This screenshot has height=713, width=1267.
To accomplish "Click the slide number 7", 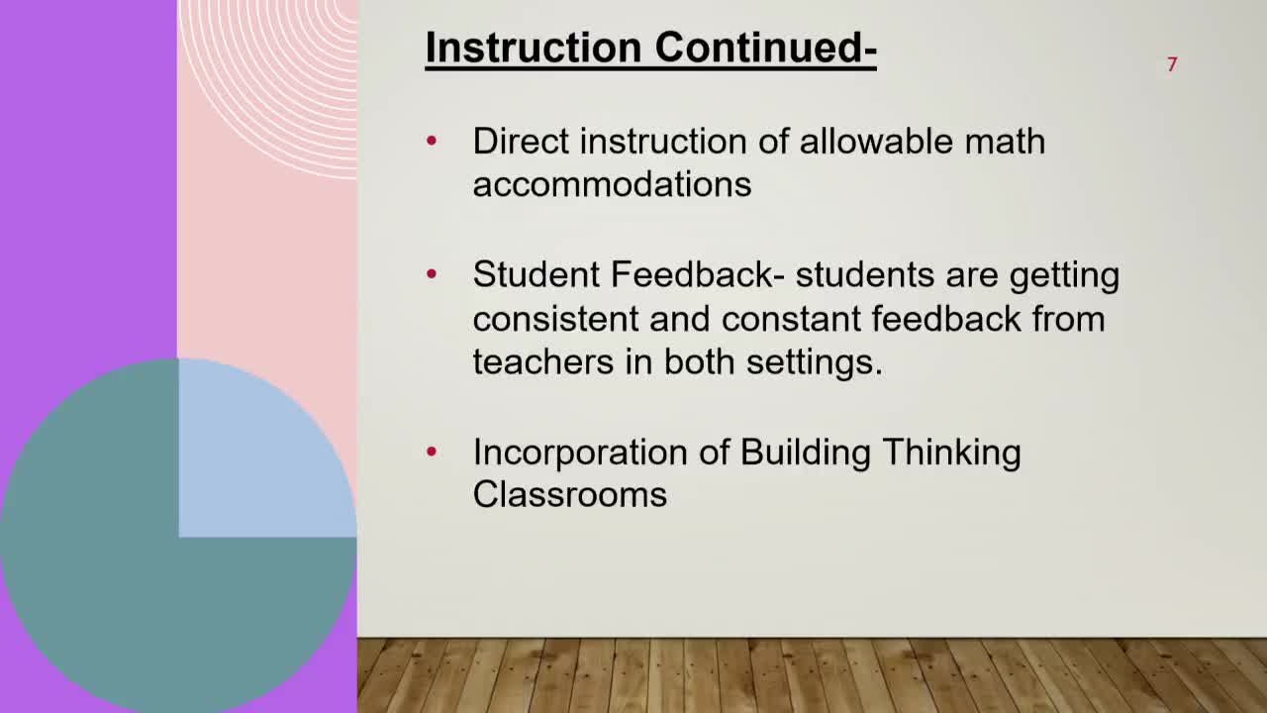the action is [x=1172, y=64].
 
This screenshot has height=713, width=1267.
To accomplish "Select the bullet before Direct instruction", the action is [x=432, y=140].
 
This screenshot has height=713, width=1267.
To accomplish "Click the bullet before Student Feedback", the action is [x=432, y=274].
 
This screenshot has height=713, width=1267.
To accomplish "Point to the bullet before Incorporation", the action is [x=432, y=452].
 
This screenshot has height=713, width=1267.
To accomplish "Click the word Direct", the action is [x=521, y=141].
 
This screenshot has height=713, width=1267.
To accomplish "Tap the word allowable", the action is [x=877, y=141].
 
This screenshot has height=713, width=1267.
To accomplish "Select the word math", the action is [x=1005, y=141].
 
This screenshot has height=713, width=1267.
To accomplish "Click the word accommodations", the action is [x=612, y=185].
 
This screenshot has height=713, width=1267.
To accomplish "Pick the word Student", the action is [x=536, y=274].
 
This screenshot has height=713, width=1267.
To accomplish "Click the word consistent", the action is [x=555, y=319].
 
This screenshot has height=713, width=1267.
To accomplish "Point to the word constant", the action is [x=791, y=319].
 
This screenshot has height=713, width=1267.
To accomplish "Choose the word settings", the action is [x=815, y=363].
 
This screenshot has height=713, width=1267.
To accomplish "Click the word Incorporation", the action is [x=580, y=453].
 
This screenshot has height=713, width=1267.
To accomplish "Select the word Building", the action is [x=806, y=454].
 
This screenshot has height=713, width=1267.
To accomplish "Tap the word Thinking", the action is [x=952, y=454].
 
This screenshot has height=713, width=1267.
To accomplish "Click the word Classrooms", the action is [x=570, y=495].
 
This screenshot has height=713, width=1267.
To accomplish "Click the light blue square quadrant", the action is [x=267, y=447].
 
